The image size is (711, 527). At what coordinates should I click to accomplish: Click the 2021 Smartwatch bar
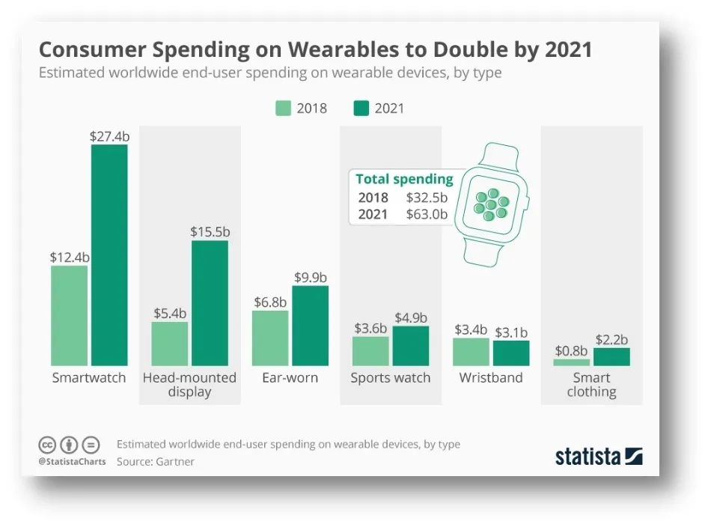(109, 255)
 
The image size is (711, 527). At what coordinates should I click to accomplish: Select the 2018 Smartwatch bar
(69, 315)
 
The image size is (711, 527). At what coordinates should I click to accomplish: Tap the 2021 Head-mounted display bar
(210, 302)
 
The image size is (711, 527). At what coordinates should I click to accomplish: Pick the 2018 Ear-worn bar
(270, 338)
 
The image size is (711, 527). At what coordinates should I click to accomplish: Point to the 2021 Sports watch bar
(411, 346)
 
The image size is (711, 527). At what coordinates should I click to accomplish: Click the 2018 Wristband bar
(471, 351)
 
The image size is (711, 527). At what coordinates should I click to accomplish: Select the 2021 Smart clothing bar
(611, 356)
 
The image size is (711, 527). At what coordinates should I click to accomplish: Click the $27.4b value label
(109, 136)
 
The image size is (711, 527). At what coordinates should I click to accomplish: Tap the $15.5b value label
(210, 232)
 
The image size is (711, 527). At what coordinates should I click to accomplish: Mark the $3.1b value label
(511, 332)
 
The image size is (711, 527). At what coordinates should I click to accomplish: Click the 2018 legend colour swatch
(283, 109)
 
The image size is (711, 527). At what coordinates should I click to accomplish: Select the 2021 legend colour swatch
(362, 109)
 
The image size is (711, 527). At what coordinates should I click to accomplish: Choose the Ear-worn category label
(290, 378)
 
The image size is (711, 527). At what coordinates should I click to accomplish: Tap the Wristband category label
(491, 378)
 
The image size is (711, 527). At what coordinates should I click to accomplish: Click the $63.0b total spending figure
(427, 215)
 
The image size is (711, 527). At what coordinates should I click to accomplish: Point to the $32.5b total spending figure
(427, 198)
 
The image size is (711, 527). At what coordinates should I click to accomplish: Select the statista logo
(599, 456)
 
